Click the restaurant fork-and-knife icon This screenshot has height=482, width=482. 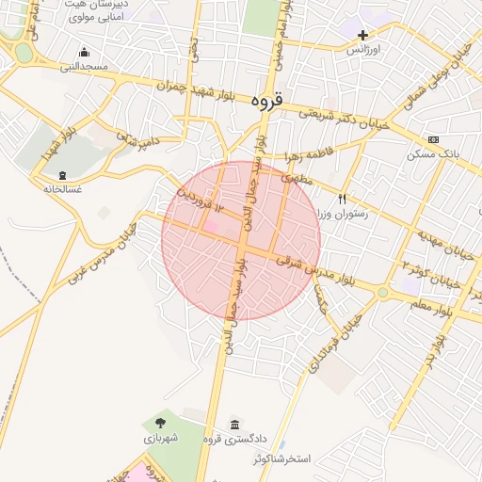(x=342, y=199)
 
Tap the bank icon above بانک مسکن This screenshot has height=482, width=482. (x=433, y=139)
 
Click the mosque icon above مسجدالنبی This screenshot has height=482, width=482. (x=85, y=53)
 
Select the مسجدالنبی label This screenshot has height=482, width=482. (x=85, y=67)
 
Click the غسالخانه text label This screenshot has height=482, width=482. (x=62, y=188)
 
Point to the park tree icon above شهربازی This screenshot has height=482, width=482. (x=159, y=423)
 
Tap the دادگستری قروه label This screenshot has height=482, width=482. (x=235, y=439)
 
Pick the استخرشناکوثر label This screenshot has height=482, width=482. (x=288, y=458)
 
